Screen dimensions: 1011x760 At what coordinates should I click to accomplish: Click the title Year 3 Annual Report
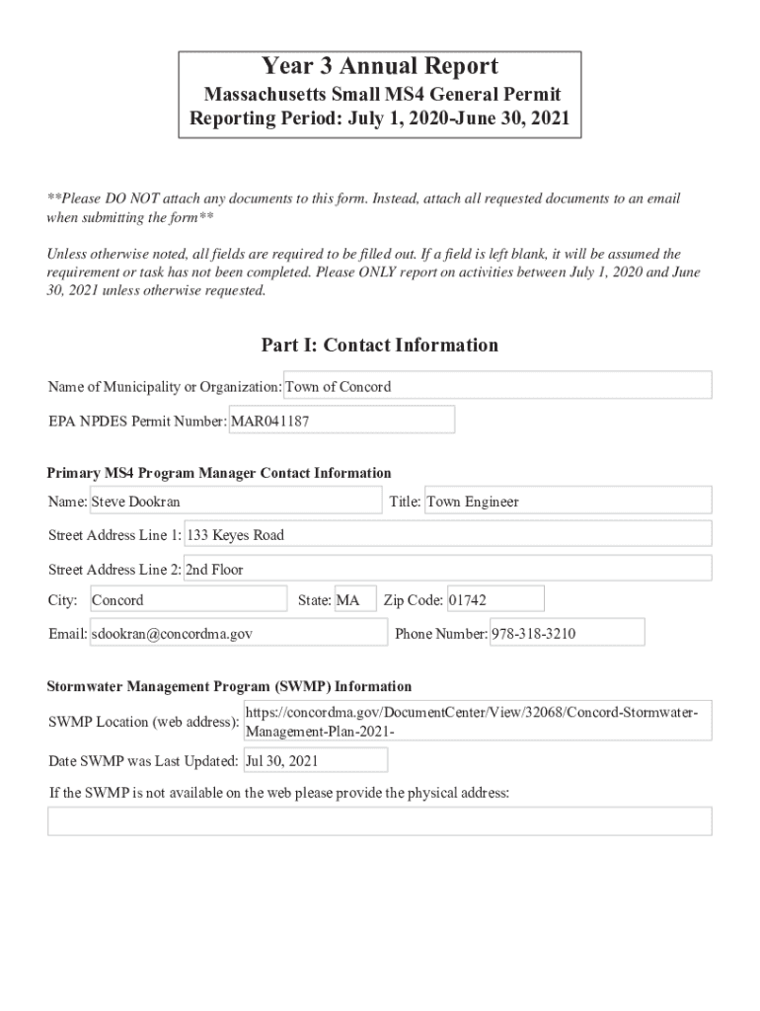point(380,67)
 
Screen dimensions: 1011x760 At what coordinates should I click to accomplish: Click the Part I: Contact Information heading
point(380,345)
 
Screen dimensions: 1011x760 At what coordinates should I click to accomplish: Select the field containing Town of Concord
point(497,386)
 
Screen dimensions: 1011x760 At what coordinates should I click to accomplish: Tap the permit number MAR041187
point(342,421)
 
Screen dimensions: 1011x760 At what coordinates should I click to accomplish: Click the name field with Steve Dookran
point(235,502)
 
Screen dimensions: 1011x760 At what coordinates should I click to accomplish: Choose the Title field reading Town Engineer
point(568,502)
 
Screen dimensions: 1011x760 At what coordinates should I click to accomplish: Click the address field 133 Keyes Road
point(447,535)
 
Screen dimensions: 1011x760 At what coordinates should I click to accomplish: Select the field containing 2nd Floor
point(447,569)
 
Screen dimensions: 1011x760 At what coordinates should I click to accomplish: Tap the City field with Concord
point(188,600)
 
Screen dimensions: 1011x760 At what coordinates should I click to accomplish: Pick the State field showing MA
point(354,600)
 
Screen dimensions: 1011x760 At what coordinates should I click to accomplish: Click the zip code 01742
point(494,600)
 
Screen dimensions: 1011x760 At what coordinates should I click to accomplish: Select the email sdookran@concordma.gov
point(238,634)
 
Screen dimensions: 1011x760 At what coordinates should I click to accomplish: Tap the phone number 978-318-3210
point(567,634)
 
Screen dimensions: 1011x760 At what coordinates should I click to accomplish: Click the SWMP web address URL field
point(477,722)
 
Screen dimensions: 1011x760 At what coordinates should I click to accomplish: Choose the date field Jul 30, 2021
point(308,761)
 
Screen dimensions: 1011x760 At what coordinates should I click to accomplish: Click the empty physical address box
point(380,821)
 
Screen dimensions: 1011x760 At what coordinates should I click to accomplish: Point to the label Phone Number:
point(441,634)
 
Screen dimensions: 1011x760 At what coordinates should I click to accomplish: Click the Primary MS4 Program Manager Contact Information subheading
point(219,473)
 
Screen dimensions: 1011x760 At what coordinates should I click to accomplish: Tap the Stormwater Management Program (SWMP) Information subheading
point(230,686)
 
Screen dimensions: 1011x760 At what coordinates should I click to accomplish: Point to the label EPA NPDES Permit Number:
point(138,421)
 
